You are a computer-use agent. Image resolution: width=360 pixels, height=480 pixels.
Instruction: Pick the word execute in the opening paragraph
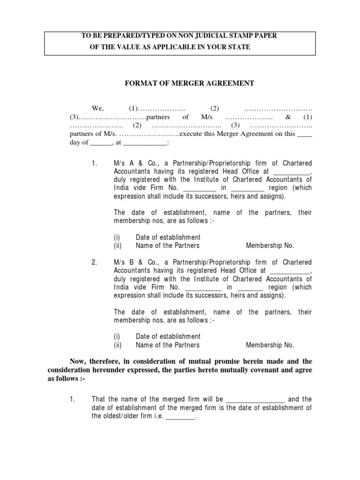(x=189, y=134)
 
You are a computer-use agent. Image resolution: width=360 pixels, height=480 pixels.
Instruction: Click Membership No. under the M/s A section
(x=270, y=246)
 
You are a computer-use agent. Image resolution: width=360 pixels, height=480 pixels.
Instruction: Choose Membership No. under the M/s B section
(x=270, y=345)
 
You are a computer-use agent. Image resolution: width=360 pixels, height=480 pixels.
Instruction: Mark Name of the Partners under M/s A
(x=167, y=246)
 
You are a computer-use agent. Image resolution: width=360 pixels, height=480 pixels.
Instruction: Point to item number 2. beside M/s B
(x=94, y=262)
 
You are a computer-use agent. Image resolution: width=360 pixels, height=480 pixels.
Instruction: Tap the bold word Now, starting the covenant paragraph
(x=78, y=361)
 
